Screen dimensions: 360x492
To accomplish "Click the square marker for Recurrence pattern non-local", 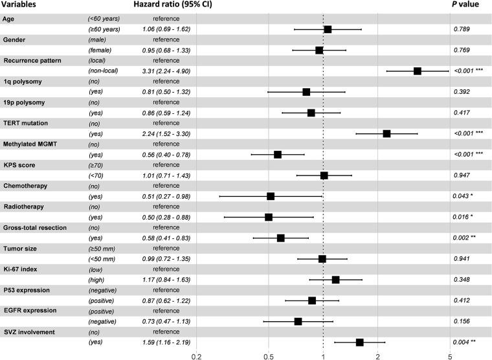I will (x=418, y=71).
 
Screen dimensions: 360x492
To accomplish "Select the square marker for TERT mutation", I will (x=386, y=133).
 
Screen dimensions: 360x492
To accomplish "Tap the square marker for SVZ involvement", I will (x=360, y=342).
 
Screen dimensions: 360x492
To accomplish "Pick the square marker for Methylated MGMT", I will (x=278, y=154).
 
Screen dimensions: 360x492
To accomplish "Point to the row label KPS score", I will (x=21, y=164).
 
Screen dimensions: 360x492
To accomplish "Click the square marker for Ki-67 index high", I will (x=335, y=280).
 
